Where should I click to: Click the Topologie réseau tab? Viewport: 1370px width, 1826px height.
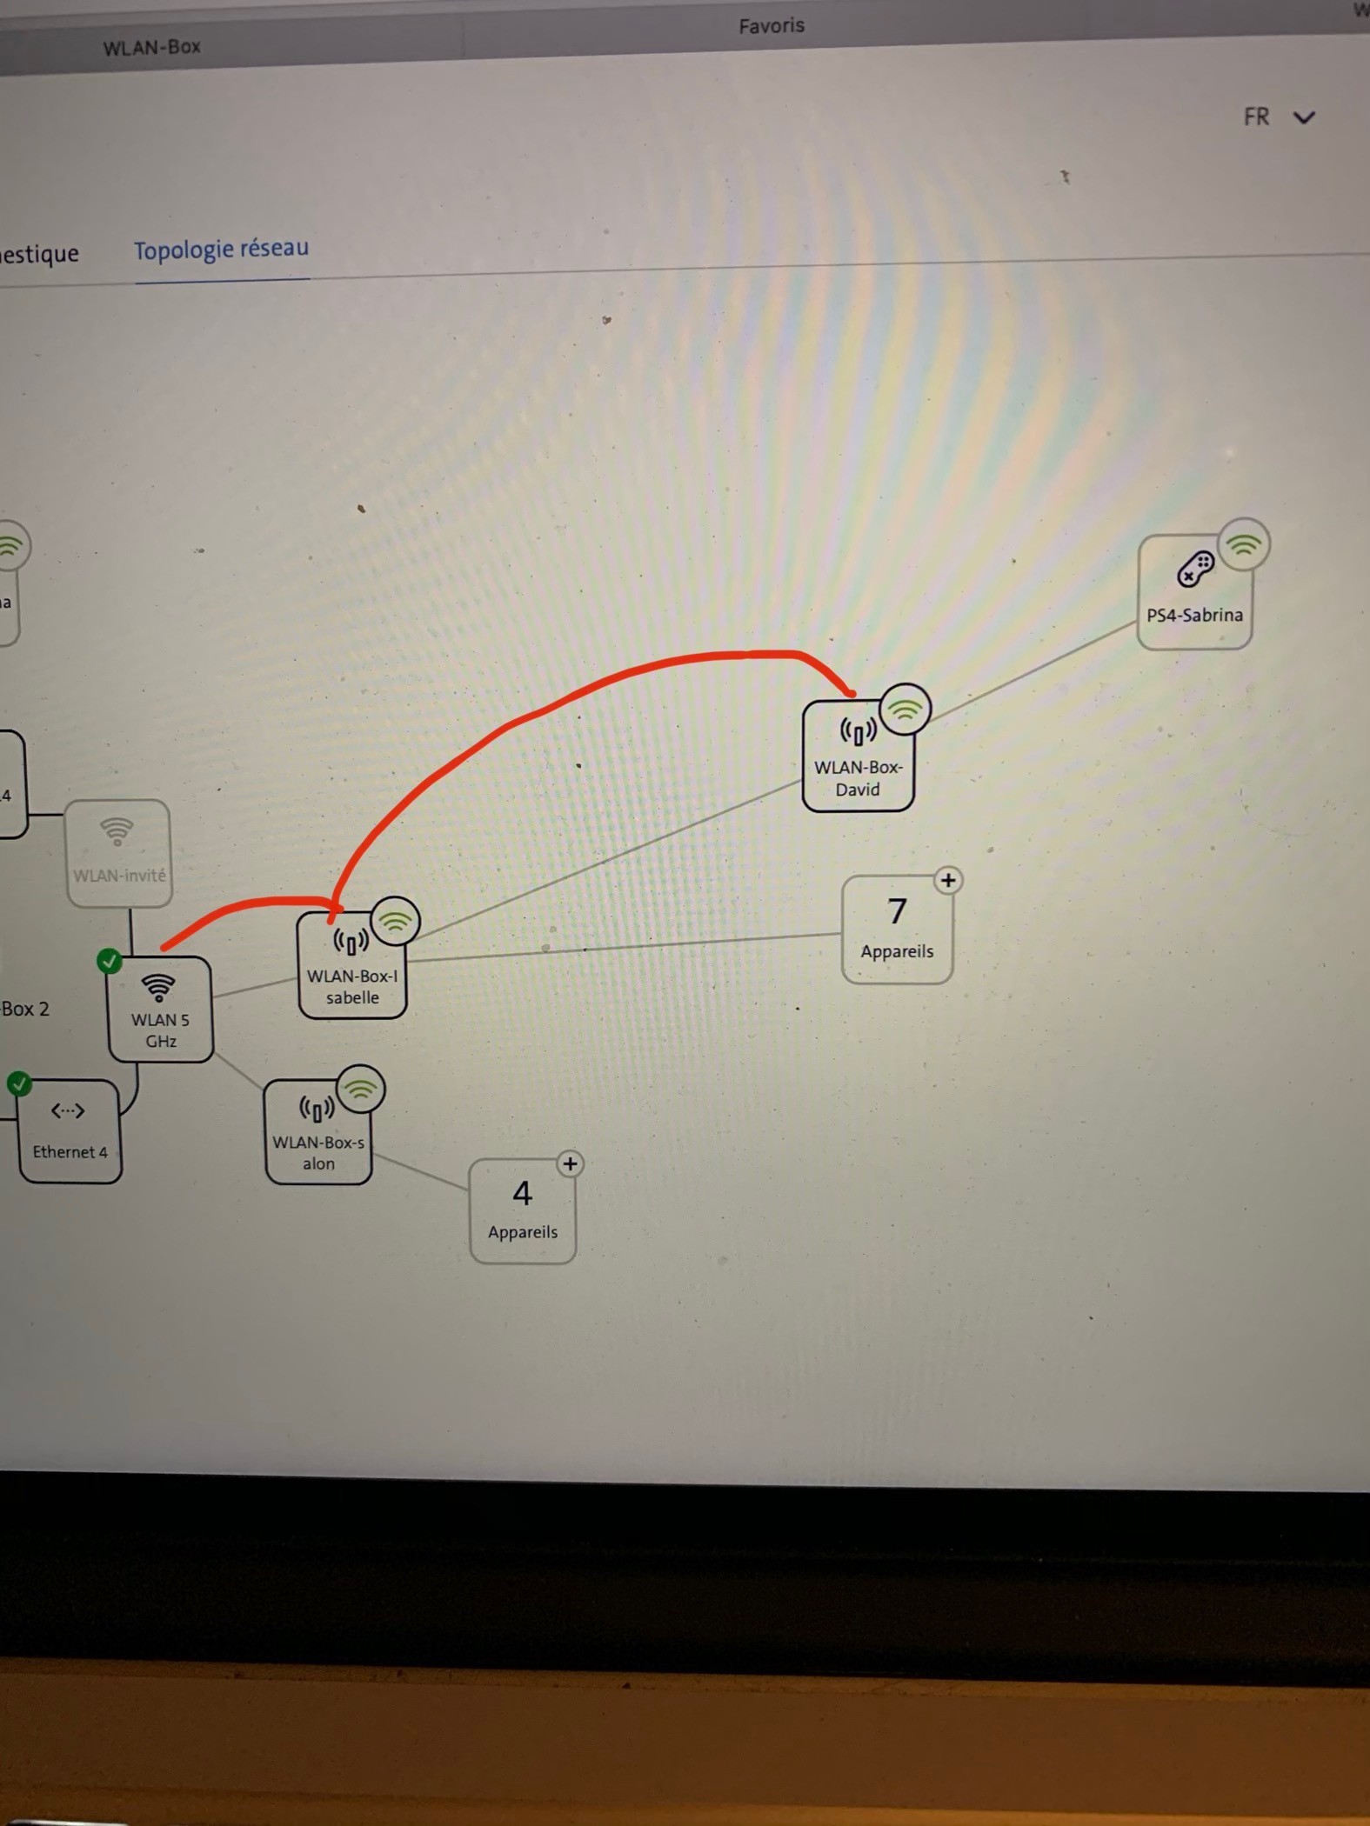[221, 250]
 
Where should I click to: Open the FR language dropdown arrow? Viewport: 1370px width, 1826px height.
[1304, 117]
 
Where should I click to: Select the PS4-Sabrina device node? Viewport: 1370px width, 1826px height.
[1194, 592]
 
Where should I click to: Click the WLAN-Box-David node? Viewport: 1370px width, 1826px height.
[858, 757]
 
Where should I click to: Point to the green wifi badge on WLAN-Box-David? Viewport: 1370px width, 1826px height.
[906, 710]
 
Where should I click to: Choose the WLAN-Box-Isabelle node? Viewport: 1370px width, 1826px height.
[352, 966]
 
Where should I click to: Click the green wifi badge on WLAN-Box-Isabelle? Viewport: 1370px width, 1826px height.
[396, 922]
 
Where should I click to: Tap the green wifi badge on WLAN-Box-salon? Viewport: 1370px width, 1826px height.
[361, 1089]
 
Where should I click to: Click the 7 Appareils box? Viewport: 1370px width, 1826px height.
[897, 930]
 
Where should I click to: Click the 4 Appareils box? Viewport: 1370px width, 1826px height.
[522, 1210]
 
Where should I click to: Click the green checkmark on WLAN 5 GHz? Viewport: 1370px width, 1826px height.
[110, 961]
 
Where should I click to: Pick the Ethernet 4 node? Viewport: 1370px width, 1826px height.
[70, 1131]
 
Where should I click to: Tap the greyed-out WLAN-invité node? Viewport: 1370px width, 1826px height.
[118, 853]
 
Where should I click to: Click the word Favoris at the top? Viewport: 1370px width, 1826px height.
[772, 26]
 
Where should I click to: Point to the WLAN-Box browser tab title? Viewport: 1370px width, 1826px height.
[151, 47]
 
